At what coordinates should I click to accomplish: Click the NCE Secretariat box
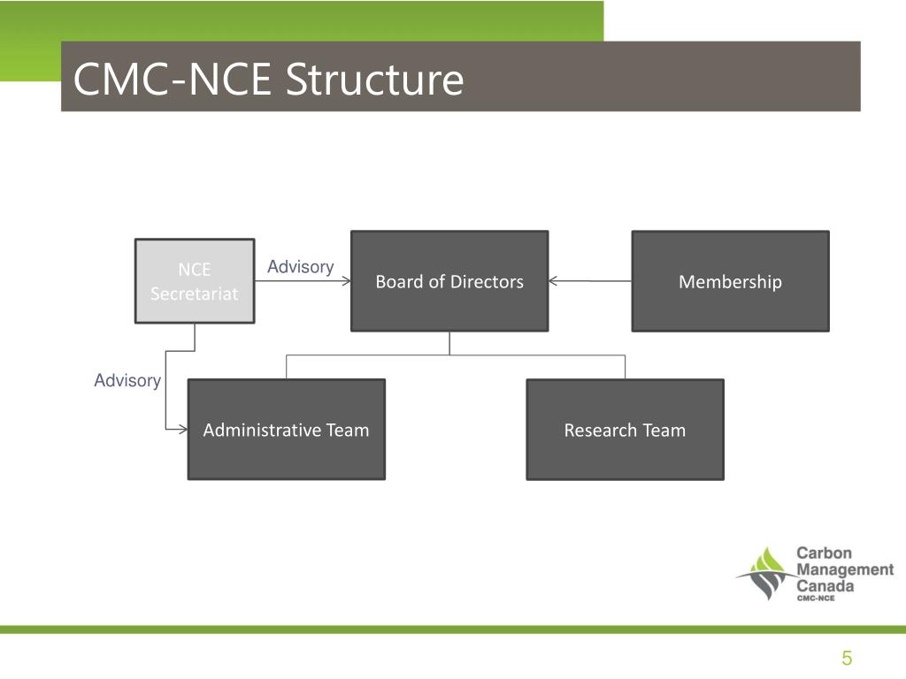[194, 281]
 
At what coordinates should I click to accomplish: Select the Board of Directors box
[449, 281]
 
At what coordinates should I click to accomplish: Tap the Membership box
[730, 281]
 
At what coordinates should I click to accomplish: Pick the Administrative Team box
[286, 430]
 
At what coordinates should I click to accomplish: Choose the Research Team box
[625, 430]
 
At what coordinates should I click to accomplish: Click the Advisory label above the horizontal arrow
[300, 267]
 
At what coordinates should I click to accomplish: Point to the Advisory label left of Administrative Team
[127, 380]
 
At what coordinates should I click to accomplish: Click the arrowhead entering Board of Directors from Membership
[554, 282]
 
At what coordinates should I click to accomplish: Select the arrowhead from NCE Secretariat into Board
[346, 282]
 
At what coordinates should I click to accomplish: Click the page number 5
[847, 658]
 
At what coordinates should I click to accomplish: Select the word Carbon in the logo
[824, 553]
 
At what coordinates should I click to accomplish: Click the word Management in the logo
[844, 570]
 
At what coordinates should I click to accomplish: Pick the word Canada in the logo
[825, 586]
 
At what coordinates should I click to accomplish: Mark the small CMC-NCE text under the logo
[815, 599]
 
